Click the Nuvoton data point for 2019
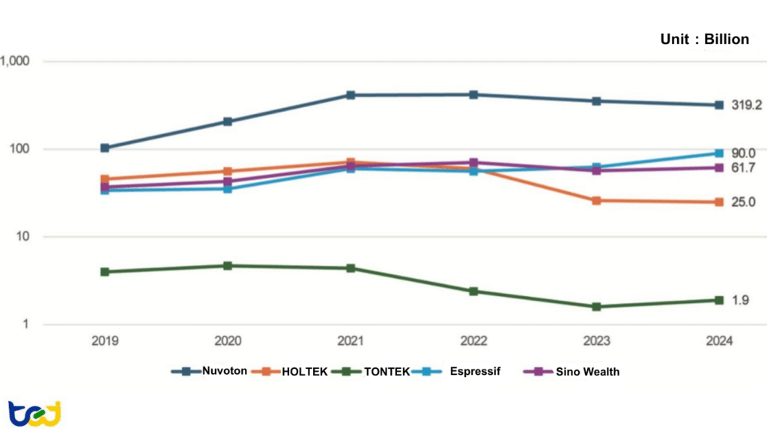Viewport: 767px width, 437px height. click(x=105, y=148)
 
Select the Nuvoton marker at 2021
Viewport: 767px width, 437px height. click(x=351, y=95)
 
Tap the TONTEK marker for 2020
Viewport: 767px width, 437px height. click(x=228, y=265)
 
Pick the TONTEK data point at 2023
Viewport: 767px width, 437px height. click(x=596, y=307)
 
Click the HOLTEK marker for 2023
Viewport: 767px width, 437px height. click(x=596, y=201)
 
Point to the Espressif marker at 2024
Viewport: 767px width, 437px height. click(x=718, y=153)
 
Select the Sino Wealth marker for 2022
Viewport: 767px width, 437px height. click(x=473, y=163)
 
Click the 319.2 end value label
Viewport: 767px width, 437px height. click(x=746, y=106)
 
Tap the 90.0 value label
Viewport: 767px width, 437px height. click(x=743, y=153)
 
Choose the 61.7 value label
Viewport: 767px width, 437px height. click(x=743, y=167)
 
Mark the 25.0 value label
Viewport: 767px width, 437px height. click(x=743, y=202)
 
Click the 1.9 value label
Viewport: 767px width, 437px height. click(x=740, y=301)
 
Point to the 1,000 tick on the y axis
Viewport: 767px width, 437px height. click(x=14, y=61)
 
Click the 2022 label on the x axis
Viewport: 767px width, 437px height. click(x=473, y=340)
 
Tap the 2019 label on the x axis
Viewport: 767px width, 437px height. click(x=105, y=340)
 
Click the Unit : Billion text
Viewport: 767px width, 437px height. click(x=704, y=40)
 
